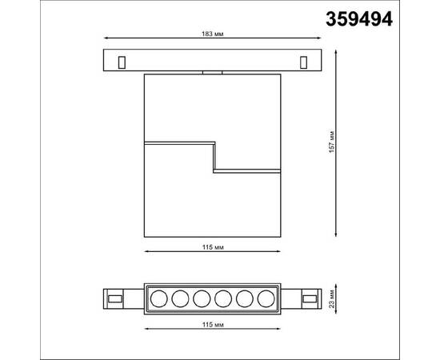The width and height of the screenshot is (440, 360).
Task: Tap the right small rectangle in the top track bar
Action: click(303, 62)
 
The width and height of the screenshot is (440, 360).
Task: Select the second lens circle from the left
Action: click(180, 298)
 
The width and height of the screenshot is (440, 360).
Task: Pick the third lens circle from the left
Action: click(201, 298)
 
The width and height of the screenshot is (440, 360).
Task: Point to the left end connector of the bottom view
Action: click(117, 298)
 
